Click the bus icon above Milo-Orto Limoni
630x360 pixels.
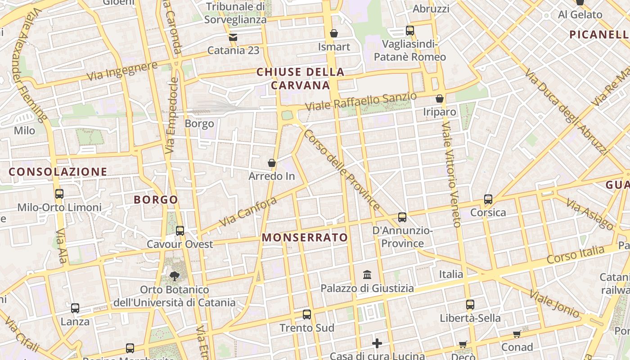tap(59, 194)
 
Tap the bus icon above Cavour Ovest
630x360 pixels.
tap(180, 231)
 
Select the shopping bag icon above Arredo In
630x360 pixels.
tap(272, 162)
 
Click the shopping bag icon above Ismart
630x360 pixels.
tap(334, 33)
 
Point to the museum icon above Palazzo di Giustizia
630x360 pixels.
tap(367, 274)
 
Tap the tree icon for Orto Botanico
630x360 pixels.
tap(174, 276)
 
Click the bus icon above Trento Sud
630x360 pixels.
tap(307, 314)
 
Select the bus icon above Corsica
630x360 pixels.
tap(488, 199)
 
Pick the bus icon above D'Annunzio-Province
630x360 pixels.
tap(402, 217)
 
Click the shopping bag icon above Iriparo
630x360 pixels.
tap(440, 98)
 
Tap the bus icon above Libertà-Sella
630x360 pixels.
tap(470, 305)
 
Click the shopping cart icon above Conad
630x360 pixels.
tap(517, 334)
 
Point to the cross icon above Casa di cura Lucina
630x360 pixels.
tap(377, 344)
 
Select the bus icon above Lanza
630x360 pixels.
tap(75, 308)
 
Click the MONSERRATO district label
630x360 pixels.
tap(305, 238)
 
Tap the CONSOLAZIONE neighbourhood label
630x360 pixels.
tap(58, 171)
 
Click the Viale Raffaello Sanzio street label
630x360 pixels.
tap(361, 102)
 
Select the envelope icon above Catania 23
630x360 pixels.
tap(233, 37)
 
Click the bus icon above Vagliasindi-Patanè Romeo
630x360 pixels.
tap(410, 31)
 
